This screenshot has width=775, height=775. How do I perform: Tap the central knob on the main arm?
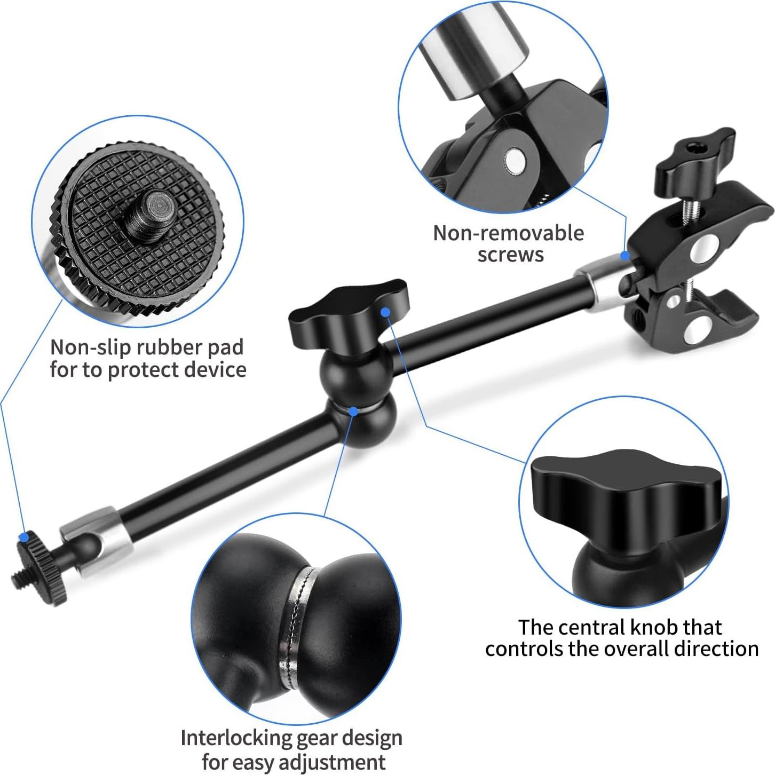coord(347,310)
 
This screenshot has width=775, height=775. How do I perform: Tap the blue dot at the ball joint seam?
coord(353,411)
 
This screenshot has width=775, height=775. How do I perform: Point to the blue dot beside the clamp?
coord(624,255)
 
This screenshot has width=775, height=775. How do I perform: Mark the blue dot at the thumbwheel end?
coord(23,536)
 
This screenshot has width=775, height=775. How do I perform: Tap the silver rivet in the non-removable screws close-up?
coord(515,159)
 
